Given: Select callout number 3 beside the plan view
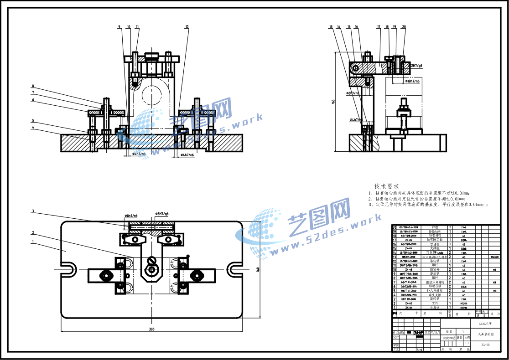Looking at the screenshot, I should (33, 211).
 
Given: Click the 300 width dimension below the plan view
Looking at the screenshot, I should (151, 329).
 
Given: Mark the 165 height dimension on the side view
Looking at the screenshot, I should (333, 101).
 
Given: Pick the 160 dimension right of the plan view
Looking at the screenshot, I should (258, 269).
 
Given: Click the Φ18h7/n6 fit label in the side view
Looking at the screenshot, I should (413, 81).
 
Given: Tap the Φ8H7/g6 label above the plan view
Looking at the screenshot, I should (162, 214).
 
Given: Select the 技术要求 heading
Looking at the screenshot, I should (386, 187).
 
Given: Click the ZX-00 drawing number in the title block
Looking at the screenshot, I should (485, 345).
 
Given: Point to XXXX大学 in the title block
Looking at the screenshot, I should (485, 324).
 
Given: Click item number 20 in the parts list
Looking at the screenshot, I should (395, 226).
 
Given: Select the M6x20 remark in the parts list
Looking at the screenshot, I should (494, 257).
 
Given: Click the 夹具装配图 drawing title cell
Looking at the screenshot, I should (485, 334).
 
